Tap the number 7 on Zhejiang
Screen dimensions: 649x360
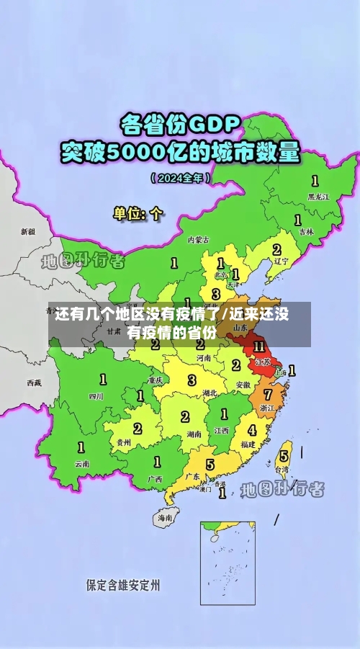point(268,395)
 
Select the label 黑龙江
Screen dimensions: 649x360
point(318,196)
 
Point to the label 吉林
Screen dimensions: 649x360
point(307,231)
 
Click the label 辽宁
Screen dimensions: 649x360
point(282,261)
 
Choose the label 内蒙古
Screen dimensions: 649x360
point(198,240)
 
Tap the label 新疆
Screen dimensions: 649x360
point(27,232)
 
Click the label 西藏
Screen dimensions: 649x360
point(34,382)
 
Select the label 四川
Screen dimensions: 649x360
point(96,396)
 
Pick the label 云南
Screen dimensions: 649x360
point(82,464)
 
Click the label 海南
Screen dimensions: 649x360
point(166,517)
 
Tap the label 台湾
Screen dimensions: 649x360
point(283,469)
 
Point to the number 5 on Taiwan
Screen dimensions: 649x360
point(284,455)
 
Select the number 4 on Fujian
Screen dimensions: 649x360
point(251,431)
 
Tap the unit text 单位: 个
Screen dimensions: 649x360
point(138,213)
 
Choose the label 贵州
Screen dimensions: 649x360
point(124,442)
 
